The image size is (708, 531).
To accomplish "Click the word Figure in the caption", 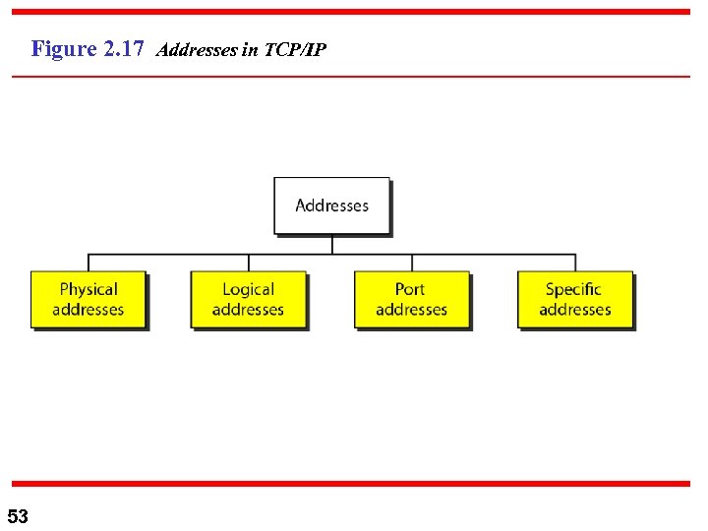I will coord(64,48).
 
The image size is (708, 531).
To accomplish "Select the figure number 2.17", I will coord(124,48).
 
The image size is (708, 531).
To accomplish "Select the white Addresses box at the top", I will coord(331,206).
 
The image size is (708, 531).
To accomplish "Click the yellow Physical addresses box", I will coord(88,300).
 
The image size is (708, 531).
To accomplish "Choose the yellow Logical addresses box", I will coord(248,300).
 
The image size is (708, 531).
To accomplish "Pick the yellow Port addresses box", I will coord(411,300).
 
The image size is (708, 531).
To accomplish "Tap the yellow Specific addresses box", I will coord(575,300).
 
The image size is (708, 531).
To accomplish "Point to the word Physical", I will coord(88,289).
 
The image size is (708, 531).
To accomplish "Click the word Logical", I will coord(248,289).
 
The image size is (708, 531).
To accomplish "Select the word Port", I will coord(410,289).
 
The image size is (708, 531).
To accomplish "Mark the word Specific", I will coord(573,289).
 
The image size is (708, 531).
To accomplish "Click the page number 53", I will coord(18,516).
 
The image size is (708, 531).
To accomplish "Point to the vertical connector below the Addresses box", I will coord(332,245).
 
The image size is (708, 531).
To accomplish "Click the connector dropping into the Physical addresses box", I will coord(88,263).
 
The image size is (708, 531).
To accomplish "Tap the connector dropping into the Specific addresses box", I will coord(575,263).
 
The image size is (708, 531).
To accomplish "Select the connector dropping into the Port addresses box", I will coord(411,263).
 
